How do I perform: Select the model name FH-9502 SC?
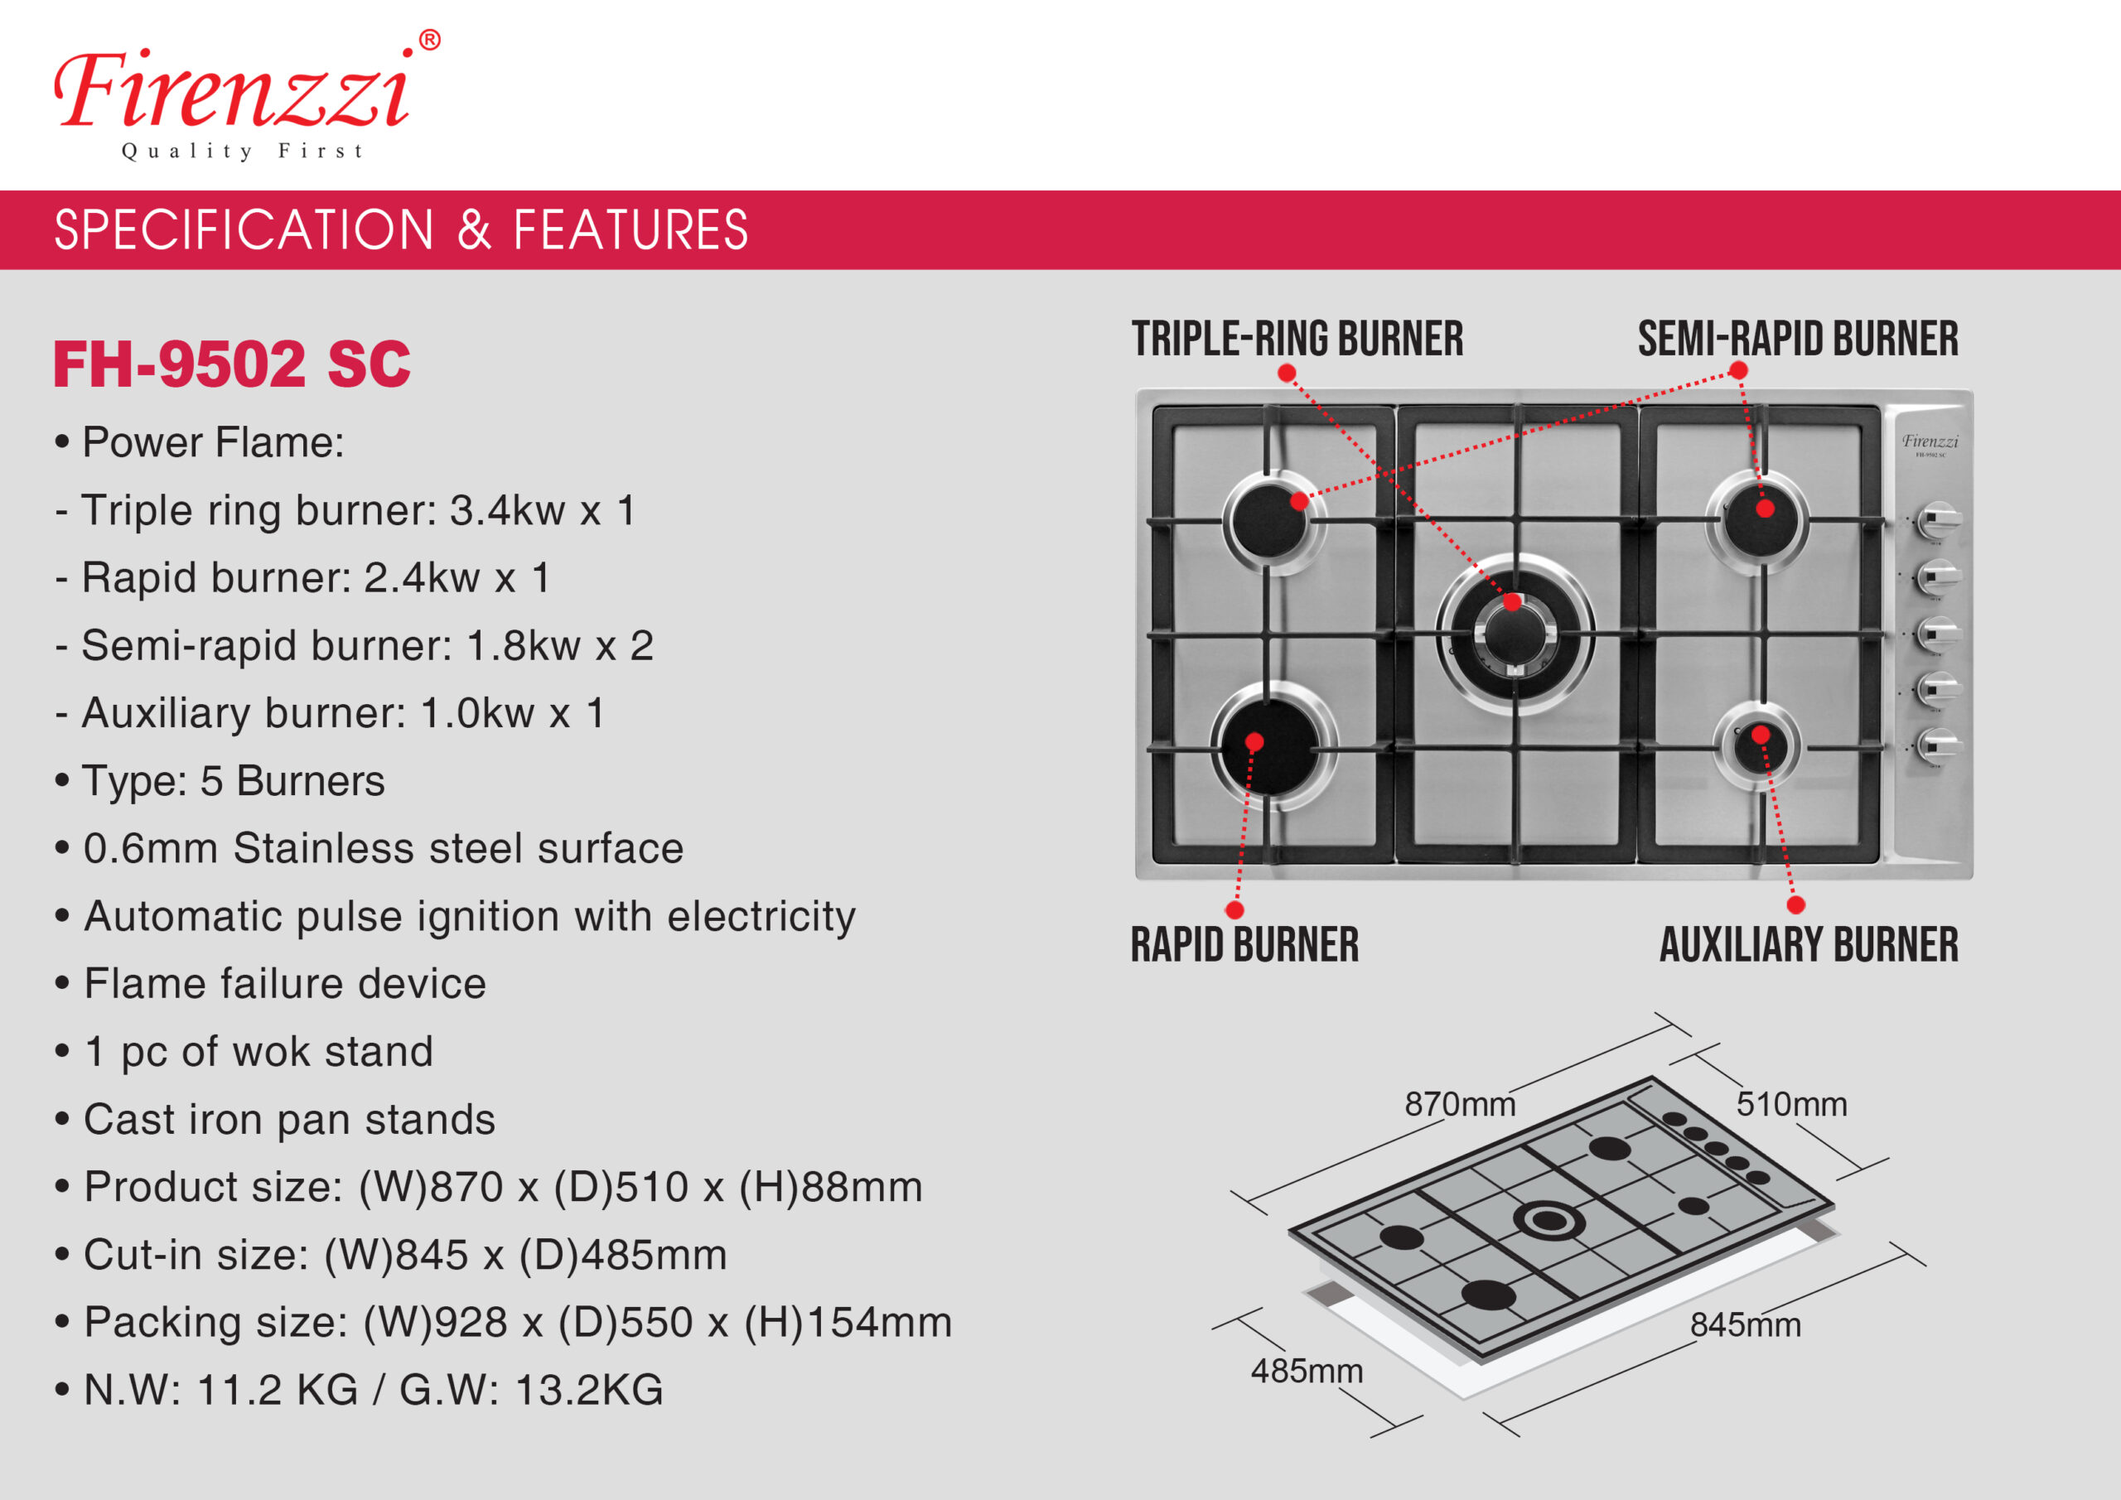231,364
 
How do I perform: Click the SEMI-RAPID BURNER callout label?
1798,338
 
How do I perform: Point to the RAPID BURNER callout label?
1244,944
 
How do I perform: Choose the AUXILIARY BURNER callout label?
1809,944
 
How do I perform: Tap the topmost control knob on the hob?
1937,521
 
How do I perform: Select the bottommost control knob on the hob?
1937,745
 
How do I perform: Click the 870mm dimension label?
1460,1104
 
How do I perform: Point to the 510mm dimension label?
1791,1104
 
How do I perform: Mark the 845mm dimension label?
1745,1324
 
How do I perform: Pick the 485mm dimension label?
1307,1371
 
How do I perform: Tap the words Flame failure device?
284,984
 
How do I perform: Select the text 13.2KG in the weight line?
588,1390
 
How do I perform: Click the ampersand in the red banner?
474,230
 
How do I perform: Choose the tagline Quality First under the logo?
243,151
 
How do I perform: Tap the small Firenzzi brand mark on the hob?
1929,442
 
